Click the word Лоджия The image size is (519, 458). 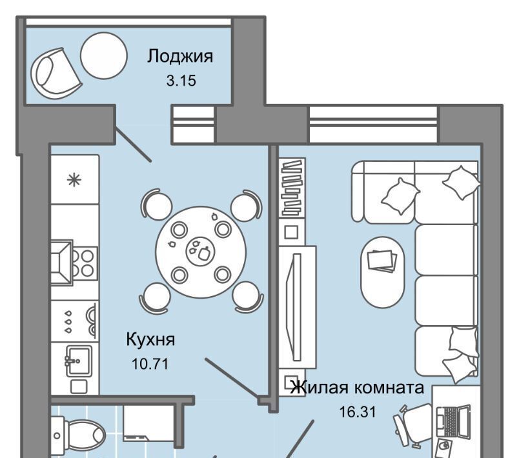coord(180,56)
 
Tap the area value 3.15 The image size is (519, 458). coord(181,81)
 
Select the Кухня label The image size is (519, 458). coord(150,339)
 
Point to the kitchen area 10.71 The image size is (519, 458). coord(150,364)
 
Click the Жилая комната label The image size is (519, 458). coord(357,387)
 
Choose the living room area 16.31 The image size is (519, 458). coord(358,412)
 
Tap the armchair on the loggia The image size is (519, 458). coord(56,74)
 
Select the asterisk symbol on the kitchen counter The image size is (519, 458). coord(74,180)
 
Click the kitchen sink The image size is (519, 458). coord(79,361)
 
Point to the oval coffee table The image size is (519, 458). coord(382,272)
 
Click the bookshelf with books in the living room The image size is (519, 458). coord(292,187)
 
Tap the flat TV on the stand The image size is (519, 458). coord(296,307)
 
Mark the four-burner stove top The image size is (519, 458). coord(85,263)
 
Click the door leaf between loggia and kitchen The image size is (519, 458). coord(133,144)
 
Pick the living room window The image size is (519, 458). coord(373,124)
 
